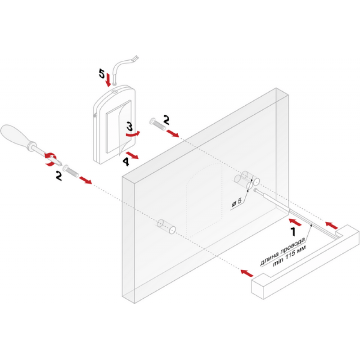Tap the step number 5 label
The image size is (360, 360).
[102, 73]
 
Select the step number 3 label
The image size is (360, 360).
[130, 126]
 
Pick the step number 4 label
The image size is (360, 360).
[126, 162]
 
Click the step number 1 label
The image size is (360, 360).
[293, 232]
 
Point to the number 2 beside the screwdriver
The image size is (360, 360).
[59, 176]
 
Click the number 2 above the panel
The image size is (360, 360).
[166, 120]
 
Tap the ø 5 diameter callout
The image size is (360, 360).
[237, 202]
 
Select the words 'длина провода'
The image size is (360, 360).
[283, 252]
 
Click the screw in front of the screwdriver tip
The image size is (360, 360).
[71, 171]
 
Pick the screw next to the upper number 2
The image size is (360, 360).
[157, 124]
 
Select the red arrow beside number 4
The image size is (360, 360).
[132, 155]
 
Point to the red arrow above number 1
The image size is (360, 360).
[295, 222]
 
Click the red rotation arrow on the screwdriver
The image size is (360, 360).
[50, 159]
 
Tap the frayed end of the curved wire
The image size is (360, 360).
[135, 58]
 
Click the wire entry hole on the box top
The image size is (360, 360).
[115, 91]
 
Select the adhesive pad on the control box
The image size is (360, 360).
[118, 127]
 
